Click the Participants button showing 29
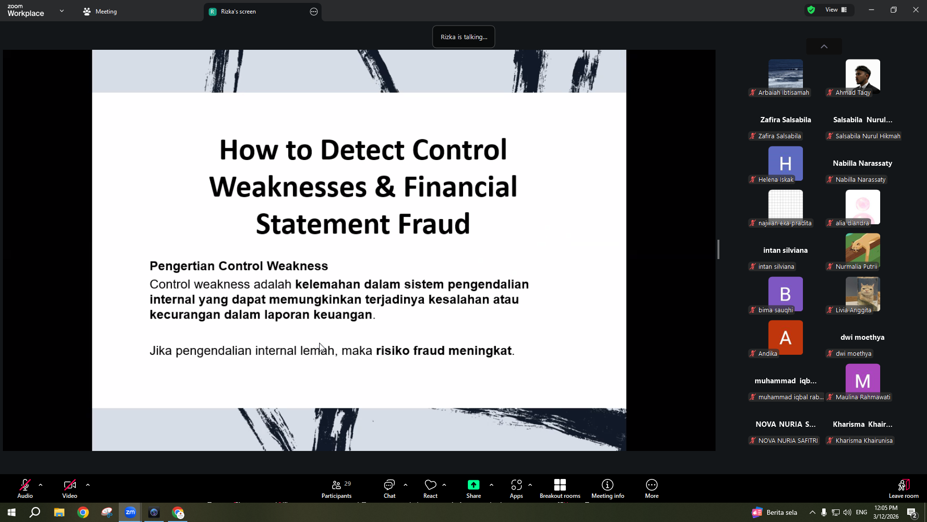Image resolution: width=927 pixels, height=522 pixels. (337, 489)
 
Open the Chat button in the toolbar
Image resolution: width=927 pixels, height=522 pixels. (389, 489)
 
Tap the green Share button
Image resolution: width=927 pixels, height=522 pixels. (474, 489)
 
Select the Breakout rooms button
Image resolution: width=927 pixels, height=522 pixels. (560, 489)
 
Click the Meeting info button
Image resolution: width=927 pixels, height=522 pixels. (607, 489)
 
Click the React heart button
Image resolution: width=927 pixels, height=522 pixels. (430, 489)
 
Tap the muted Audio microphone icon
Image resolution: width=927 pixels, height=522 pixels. (25, 485)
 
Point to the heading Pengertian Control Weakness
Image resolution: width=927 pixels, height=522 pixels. (239, 266)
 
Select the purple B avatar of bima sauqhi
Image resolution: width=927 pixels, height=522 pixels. (786, 294)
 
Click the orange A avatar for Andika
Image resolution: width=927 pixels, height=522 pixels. (786, 337)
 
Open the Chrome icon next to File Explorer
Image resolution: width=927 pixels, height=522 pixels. (83, 512)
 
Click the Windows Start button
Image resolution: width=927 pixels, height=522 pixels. (12, 512)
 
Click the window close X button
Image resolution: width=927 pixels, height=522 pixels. (915, 10)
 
